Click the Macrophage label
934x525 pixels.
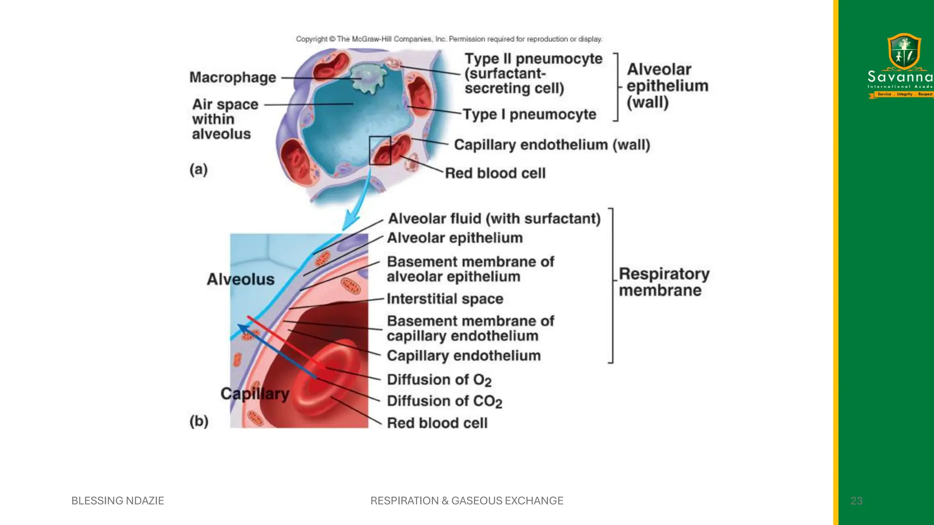(233, 77)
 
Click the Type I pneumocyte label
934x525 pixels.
(529, 114)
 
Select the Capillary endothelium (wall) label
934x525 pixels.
(552, 145)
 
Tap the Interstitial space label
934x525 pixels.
(445, 299)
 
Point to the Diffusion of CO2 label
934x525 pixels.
(444, 401)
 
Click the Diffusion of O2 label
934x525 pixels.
(439, 380)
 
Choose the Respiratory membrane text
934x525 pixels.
(664, 282)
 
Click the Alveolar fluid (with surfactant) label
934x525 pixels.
(494, 219)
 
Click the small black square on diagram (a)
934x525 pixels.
(380, 150)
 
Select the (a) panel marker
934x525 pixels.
(198, 170)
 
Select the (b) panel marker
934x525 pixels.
(199, 421)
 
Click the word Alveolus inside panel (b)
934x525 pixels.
(241, 279)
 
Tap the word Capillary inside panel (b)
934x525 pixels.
(255, 394)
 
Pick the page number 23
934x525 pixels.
(856, 501)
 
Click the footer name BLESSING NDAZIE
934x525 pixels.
(118, 501)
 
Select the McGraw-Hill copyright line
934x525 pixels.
(449, 39)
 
